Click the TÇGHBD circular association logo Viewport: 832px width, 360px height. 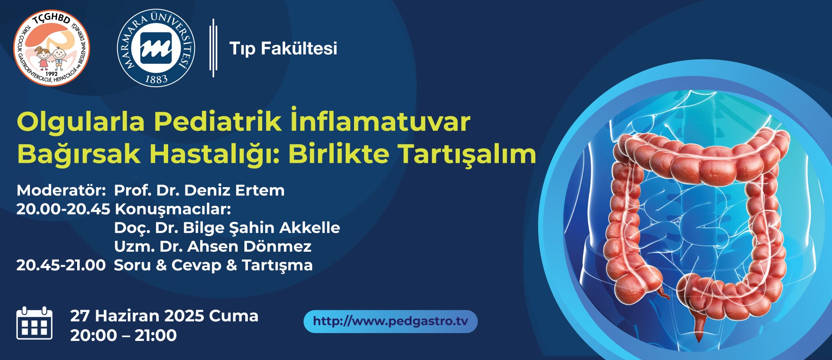tap(52, 48)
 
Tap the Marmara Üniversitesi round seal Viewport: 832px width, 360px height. tap(156, 48)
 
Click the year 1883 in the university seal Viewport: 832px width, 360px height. tap(156, 79)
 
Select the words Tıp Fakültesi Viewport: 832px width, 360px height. tap(283, 48)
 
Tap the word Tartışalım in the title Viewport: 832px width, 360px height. tap(467, 154)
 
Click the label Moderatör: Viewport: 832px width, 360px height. tap(61, 190)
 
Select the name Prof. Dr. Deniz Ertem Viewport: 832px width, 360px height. tap(199, 190)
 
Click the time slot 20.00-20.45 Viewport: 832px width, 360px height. tap(63, 209)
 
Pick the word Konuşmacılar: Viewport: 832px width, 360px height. tap(173, 210)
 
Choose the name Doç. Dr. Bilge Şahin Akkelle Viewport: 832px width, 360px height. tap(227, 228)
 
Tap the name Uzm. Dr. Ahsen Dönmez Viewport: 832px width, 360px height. tap(213, 246)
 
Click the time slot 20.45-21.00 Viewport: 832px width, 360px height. tap(61, 265)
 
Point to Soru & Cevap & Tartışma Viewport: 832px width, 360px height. tap(213, 265)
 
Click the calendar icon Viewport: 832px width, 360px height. tap(34, 323)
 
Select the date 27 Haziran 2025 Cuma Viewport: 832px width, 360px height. tap(164, 316)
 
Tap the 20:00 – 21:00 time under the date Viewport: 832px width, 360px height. tap(123, 335)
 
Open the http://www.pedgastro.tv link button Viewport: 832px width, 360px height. tap(390, 321)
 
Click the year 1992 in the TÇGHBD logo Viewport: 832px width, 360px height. tap(51, 74)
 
